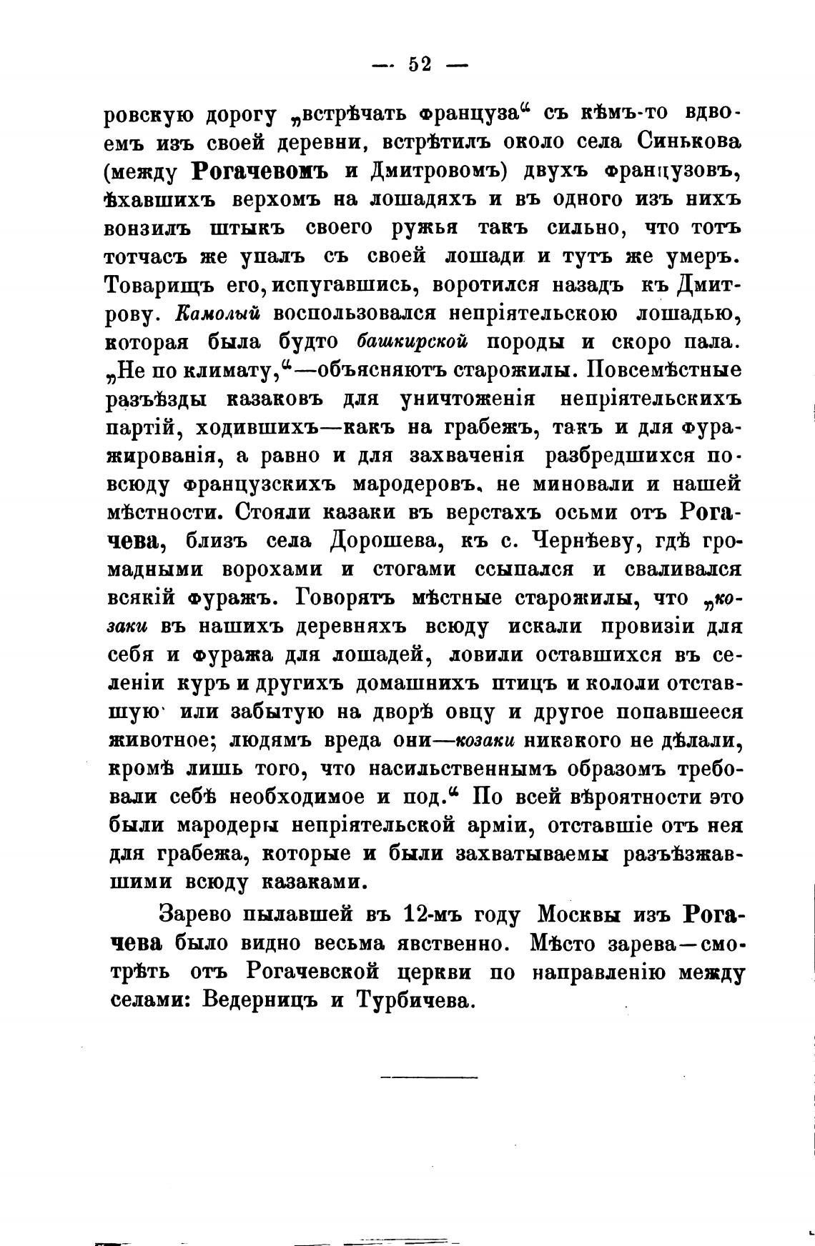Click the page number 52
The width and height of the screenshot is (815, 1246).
tap(420, 64)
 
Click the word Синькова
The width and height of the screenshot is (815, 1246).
tap(686, 141)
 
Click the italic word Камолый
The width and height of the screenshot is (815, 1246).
tap(219, 313)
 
